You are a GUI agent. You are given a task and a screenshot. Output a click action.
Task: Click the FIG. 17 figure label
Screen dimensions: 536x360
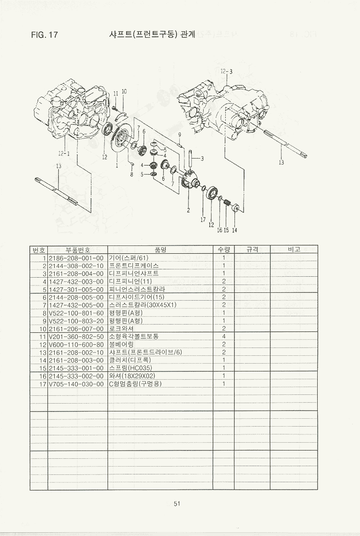pyautogui.click(x=45, y=35)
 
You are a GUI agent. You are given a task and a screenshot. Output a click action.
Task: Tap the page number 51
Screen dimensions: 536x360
pyautogui.click(x=177, y=503)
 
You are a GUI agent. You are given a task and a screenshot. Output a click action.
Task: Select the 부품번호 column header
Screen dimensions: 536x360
pyautogui.click(x=77, y=249)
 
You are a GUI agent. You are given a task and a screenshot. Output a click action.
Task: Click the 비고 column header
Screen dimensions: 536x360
pyautogui.click(x=294, y=249)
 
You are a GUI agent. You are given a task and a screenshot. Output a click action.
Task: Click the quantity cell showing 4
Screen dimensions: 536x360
pyautogui.click(x=223, y=336)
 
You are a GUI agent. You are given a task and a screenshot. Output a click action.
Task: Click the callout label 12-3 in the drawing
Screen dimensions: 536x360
pyautogui.click(x=226, y=71)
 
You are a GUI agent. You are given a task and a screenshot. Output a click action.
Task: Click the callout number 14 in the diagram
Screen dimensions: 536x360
pyautogui.click(x=234, y=230)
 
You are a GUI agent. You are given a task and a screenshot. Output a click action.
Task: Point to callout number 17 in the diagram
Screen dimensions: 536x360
pyautogui.click(x=203, y=220)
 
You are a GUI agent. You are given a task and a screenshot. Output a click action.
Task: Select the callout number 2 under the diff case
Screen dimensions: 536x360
pyautogui.click(x=188, y=211)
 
